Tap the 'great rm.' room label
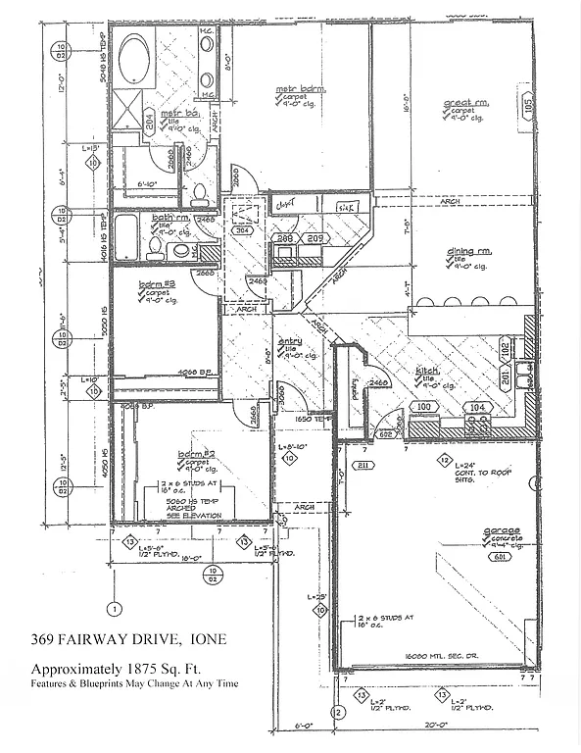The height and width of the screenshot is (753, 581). click(465, 103)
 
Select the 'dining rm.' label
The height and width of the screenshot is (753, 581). click(467, 252)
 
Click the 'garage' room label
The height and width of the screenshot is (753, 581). click(500, 533)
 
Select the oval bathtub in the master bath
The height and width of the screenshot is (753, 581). click(131, 61)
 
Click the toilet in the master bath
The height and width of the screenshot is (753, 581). click(199, 191)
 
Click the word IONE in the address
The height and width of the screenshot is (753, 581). click(205, 640)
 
